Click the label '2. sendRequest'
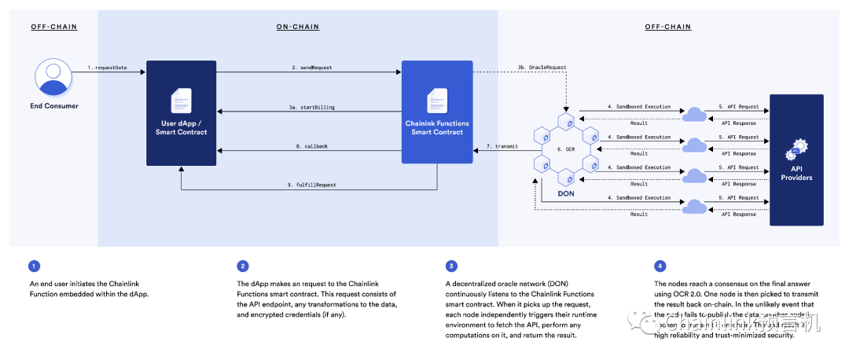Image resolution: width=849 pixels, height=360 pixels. click(311, 68)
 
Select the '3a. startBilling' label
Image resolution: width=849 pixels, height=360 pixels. click(312, 106)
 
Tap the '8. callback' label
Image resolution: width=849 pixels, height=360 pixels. click(311, 145)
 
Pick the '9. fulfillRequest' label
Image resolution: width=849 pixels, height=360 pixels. click(311, 185)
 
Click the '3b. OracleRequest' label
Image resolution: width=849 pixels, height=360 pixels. click(542, 68)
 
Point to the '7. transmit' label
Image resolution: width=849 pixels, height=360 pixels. click(502, 145)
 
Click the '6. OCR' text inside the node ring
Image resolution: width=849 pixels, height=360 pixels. click(565, 149)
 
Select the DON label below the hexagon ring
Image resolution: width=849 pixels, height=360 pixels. click(565, 193)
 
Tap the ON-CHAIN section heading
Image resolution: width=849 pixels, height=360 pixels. click(297, 27)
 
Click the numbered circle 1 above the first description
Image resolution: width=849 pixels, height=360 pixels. click(33, 266)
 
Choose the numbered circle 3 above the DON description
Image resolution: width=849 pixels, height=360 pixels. click(451, 266)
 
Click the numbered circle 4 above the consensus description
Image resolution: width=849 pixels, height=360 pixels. click(660, 266)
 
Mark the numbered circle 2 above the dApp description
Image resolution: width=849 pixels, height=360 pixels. click(243, 266)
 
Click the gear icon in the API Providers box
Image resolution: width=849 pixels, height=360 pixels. click(799, 147)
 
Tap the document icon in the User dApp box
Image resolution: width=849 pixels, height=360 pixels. click(182, 101)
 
